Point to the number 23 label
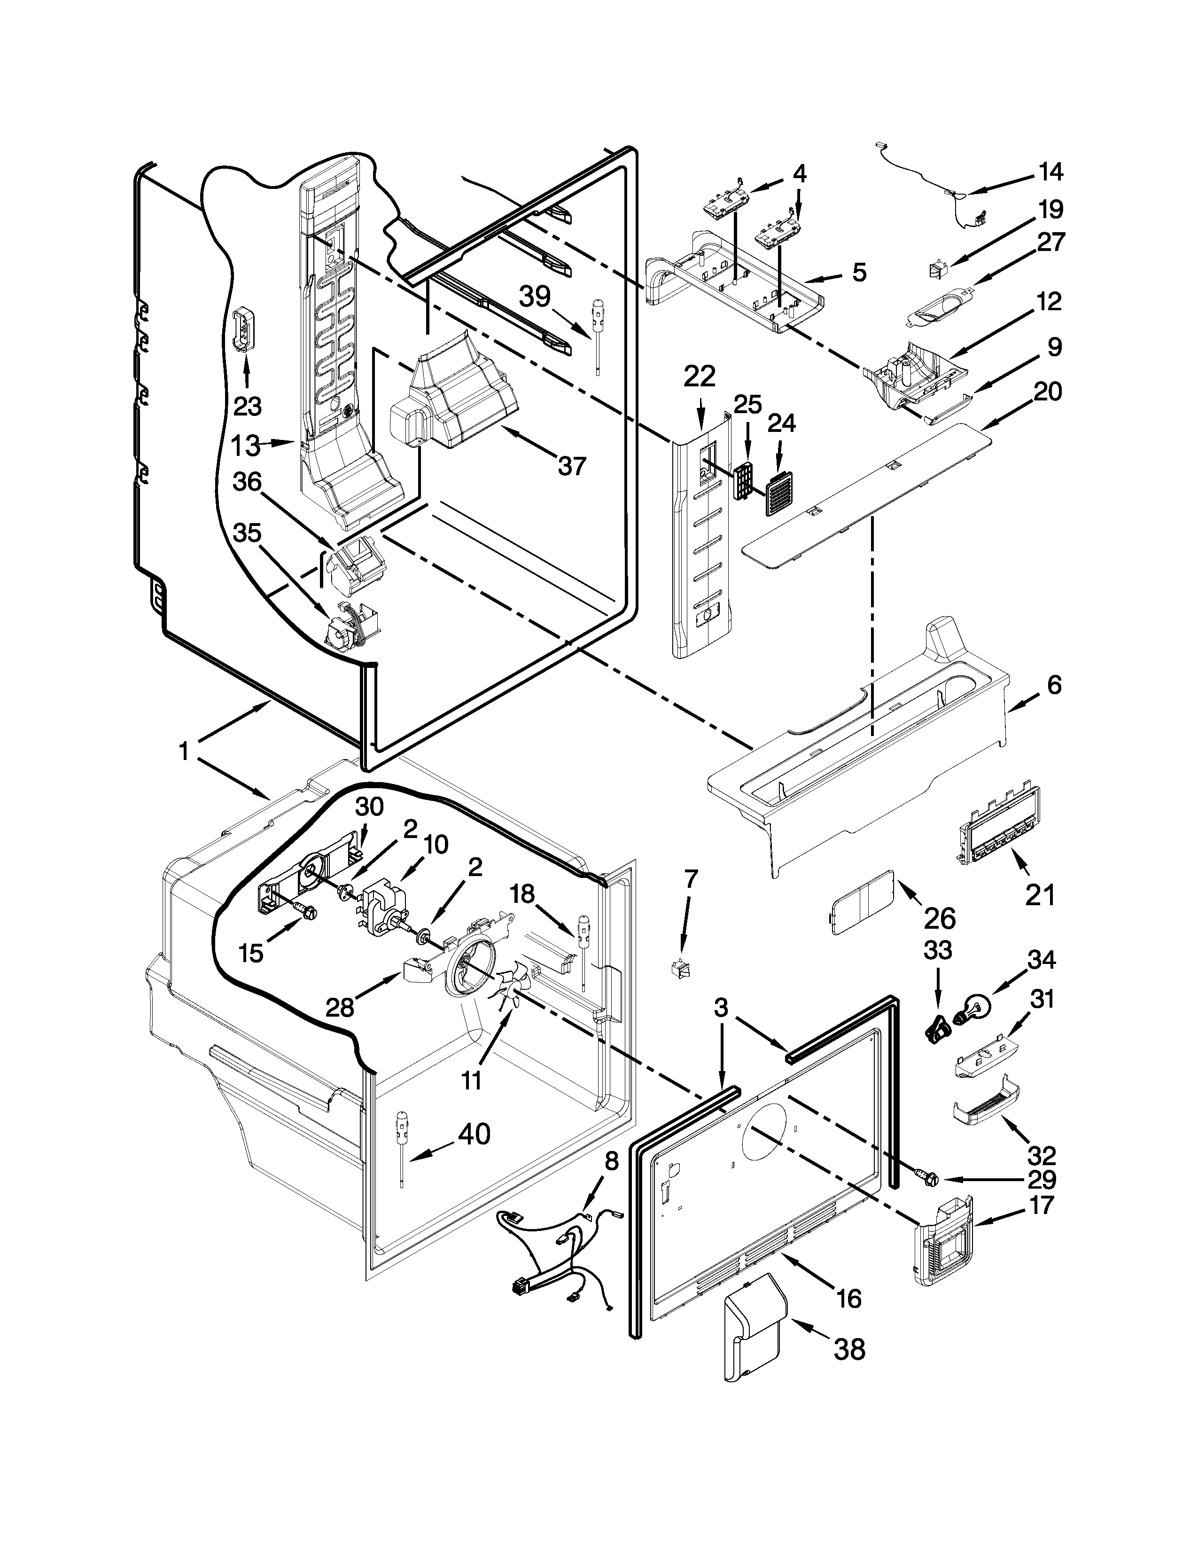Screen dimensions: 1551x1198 point(247,407)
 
